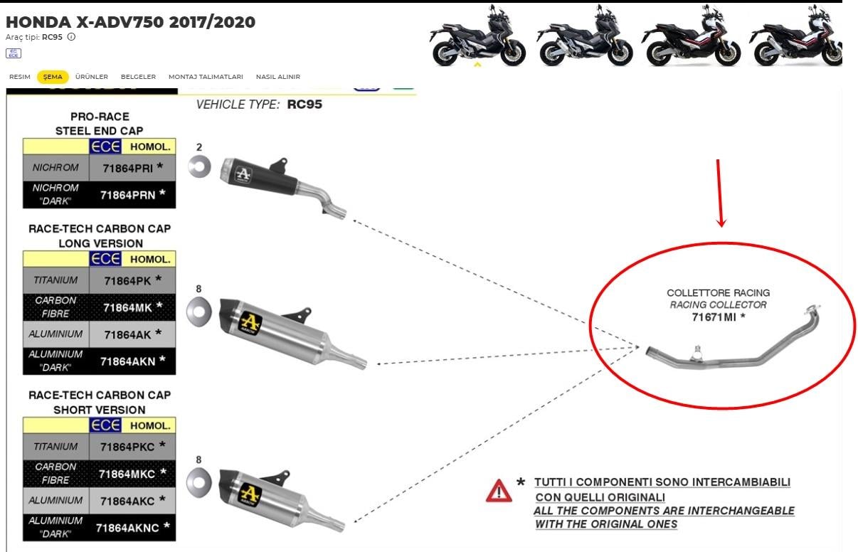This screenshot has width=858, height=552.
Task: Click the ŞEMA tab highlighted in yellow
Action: [53, 77]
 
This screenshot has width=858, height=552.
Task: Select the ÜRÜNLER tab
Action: [91, 77]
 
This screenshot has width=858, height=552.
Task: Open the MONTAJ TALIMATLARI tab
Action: [206, 77]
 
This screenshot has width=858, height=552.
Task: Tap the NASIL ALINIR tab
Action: [277, 77]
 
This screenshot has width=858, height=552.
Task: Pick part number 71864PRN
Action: [127, 194]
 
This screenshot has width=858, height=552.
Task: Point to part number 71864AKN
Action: [128, 361]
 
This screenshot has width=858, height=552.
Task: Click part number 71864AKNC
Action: [127, 528]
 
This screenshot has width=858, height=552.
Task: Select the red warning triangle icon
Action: [499, 491]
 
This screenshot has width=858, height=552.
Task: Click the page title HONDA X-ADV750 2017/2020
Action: [130, 22]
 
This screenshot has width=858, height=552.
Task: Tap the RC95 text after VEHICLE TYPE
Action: [304, 105]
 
